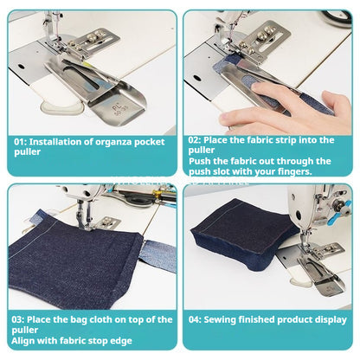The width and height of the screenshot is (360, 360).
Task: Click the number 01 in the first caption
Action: pyautogui.click(x=21, y=140)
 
